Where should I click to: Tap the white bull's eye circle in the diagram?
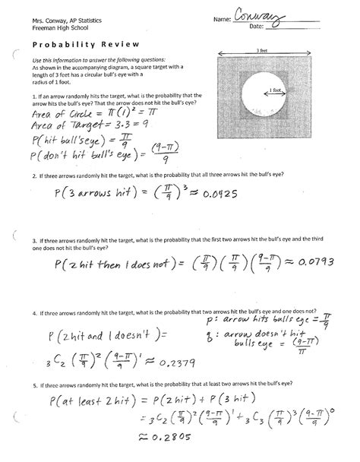258,96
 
